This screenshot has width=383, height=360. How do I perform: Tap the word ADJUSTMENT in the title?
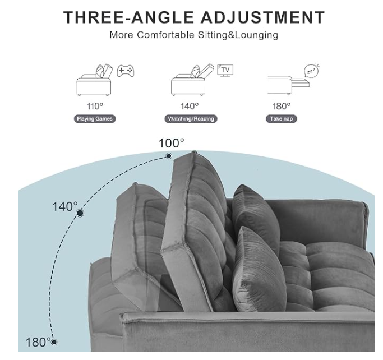click(263, 17)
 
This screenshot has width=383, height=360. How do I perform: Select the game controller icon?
click(126, 71)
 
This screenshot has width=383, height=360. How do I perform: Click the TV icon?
click(225, 70)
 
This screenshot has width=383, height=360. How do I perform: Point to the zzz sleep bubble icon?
click(312, 71)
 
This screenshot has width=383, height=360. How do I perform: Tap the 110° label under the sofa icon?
click(95, 106)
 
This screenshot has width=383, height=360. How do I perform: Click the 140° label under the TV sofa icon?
click(190, 106)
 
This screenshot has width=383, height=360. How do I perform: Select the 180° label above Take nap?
click(282, 106)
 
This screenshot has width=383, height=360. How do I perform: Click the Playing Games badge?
click(95, 119)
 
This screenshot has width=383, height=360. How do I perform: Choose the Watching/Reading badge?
click(191, 119)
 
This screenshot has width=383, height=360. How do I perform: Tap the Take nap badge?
click(282, 119)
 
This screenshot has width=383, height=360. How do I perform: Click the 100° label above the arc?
click(172, 143)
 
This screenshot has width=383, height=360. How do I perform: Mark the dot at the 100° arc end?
click(169, 156)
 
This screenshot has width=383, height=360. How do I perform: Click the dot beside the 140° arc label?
click(80, 213)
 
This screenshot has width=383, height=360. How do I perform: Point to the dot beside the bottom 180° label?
click(54, 342)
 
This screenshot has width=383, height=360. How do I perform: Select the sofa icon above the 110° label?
click(95, 80)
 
